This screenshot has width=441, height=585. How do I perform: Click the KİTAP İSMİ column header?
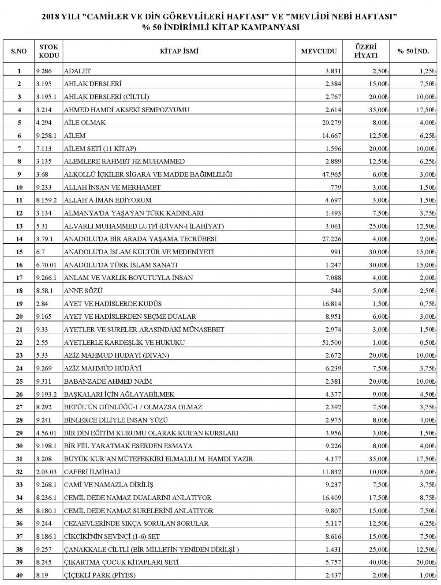[x=179, y=51]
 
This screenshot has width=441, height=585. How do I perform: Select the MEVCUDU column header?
[x=319, y=51]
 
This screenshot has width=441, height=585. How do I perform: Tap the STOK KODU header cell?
[x=49, y=51]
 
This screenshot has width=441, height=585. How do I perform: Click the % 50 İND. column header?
[x=413, y=51]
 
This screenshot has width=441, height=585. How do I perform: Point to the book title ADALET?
[x=78, y=71]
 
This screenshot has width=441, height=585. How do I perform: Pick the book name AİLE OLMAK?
[x=85, y=123]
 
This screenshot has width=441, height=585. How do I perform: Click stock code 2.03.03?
[x=47, y=472]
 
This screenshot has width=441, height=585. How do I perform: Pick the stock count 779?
[x=336, y=187]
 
